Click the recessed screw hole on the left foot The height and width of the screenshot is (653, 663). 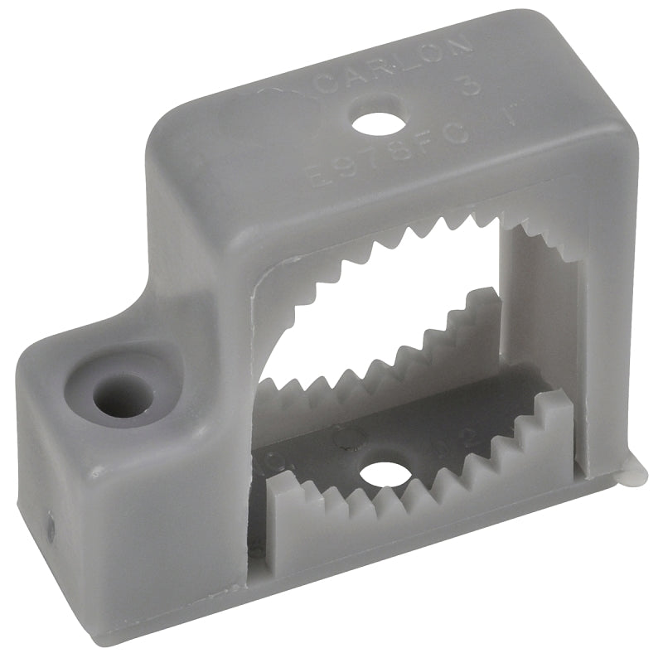[x=123, y=394]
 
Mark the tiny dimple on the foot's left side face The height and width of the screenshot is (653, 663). [x=50, y=526]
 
